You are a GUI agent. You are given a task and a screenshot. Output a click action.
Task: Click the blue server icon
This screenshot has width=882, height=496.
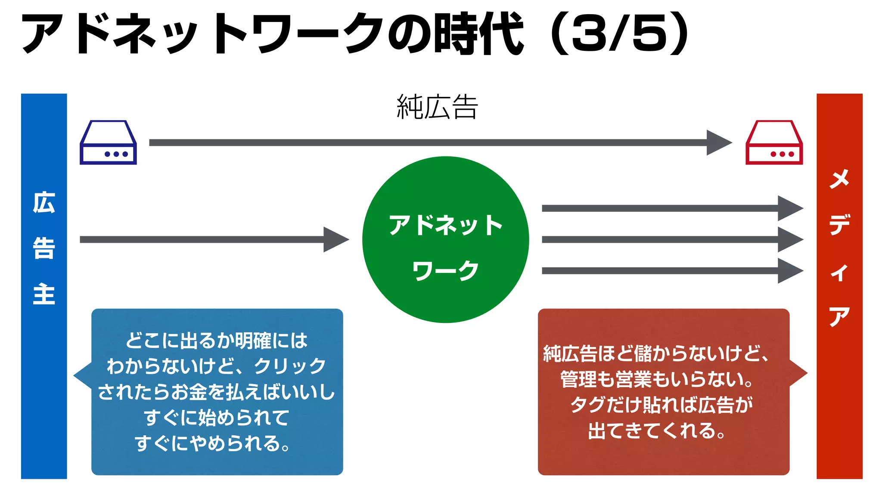click(108, 143)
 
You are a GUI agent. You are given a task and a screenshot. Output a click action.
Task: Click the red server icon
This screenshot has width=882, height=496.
click(774, 143)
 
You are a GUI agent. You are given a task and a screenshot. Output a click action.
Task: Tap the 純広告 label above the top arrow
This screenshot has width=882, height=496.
click(437, 107)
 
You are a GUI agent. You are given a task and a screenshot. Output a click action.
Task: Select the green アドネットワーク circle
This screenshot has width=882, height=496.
click(446, 239)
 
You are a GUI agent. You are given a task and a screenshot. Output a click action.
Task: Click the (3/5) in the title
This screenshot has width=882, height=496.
click(620, 34)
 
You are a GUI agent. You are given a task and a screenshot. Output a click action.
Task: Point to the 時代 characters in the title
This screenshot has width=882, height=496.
click(478, 34)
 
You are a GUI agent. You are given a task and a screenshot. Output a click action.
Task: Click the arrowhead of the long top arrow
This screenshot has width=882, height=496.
click(718, 143)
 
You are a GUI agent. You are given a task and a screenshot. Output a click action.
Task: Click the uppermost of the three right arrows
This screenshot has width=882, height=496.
click(672, 208)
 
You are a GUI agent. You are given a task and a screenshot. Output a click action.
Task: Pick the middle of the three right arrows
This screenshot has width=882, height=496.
click(672, 239)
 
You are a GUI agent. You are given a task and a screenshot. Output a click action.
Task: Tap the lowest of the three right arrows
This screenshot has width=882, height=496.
click(672, 271)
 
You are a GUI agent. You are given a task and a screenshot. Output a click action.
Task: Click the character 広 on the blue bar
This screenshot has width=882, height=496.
click(44, 203)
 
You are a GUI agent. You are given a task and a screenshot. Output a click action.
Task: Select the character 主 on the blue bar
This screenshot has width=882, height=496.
click(44, 294)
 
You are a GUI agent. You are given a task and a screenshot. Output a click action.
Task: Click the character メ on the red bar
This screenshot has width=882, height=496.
click(839, 179)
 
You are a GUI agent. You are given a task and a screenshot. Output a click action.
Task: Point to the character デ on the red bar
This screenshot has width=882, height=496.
click(839, 224)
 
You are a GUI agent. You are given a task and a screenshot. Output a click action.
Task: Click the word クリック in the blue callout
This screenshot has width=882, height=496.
click(290, 366)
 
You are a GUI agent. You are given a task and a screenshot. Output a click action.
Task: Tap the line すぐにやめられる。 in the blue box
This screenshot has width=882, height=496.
click(213, 443)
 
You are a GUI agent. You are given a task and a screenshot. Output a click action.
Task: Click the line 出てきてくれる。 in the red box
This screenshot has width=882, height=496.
click(657, 431)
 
